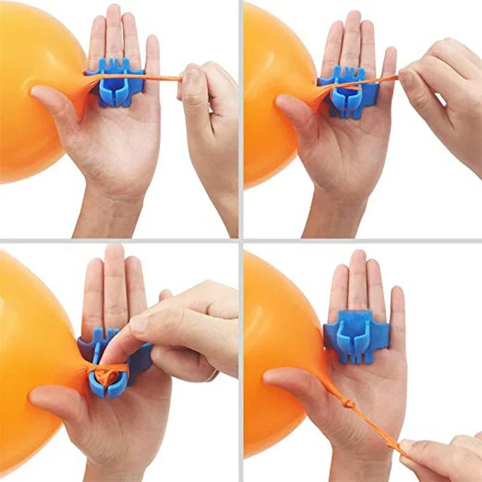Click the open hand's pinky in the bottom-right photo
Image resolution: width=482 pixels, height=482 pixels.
click(x=397, y=307)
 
